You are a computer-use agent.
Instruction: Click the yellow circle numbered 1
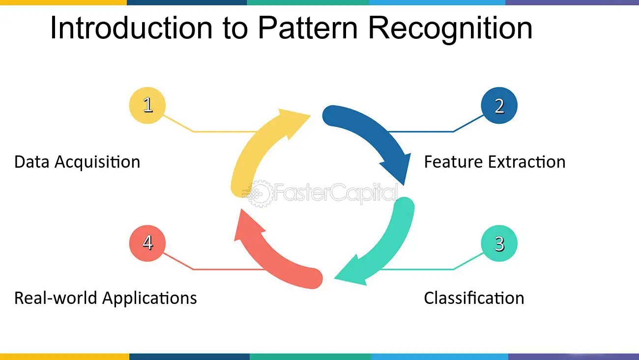coord(147,105)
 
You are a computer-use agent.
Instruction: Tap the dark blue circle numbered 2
coord(499,105)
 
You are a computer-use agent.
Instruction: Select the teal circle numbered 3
coord(499,243)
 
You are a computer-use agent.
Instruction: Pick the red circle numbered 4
coord(147,243)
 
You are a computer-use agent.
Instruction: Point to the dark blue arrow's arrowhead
coord(398,168)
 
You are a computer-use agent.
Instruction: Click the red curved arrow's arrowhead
coord(248,226)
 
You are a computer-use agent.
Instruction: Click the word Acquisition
coord(97,162)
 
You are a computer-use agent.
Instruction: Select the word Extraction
coord(526,162)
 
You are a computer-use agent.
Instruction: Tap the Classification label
coord(474,298)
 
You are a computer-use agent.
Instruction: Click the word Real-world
coord(56,298)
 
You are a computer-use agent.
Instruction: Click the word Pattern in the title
coord(308,28)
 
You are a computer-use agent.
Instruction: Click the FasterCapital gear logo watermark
coord(258,194)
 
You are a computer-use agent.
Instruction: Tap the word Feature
coord(454,162)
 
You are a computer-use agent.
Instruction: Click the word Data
coord(31,162)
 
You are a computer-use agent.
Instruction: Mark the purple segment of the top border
coord(572,2)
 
